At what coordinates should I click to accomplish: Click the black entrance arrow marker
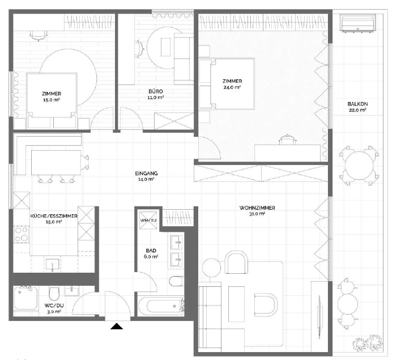tap(117, 326)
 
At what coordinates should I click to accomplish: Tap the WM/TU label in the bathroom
tap(148, 220)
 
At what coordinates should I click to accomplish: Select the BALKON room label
tap(357, 104)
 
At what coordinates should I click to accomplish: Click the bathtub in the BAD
tap(161, 306)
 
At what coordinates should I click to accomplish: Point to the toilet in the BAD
tap(176, 281)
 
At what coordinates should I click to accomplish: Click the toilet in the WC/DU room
tap(54, 294)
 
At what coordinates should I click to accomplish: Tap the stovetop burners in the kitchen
tap(22, 234)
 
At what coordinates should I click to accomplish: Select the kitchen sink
tap(53, 265)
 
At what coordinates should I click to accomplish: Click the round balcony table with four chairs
tap(359, 166)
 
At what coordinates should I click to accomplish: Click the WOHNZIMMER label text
tap(257, 208)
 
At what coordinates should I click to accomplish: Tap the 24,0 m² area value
tap(232, 87)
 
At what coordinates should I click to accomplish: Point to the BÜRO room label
tap(156, 91)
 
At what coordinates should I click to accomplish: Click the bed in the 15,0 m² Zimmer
tap(52, 100)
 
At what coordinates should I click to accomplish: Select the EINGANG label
tap(146, 173)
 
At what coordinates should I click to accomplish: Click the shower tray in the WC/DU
tap(26, 298)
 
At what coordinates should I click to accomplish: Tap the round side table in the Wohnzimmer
tap(211, 268)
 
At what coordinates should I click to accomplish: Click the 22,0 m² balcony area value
tap(357, 110)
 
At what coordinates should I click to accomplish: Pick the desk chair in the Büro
tap(140, 49)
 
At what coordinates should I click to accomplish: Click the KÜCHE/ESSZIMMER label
tap(54, 216)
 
